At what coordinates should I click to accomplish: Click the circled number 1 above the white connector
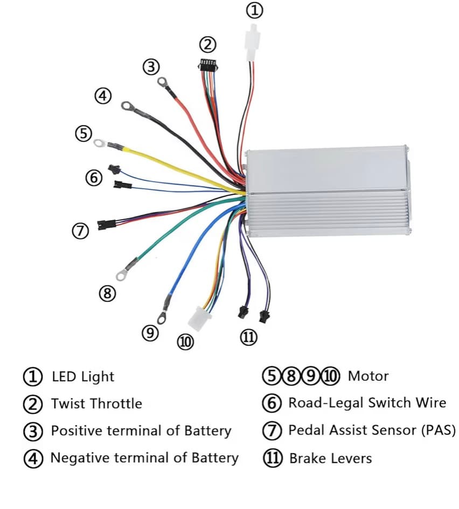point(256,10)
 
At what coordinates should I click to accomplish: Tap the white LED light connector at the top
point(251,45)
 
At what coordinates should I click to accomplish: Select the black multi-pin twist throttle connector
point(207,66)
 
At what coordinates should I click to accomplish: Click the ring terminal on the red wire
point(162,82)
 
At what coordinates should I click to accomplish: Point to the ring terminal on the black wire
point(128,106)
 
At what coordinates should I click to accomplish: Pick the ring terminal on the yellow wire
point(100,142)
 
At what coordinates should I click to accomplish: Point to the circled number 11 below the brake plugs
point(248,338)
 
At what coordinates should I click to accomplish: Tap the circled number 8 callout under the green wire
point(107,293)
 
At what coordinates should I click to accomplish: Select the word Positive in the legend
point(77,431)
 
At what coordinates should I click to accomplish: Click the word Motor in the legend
point(368,376)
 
